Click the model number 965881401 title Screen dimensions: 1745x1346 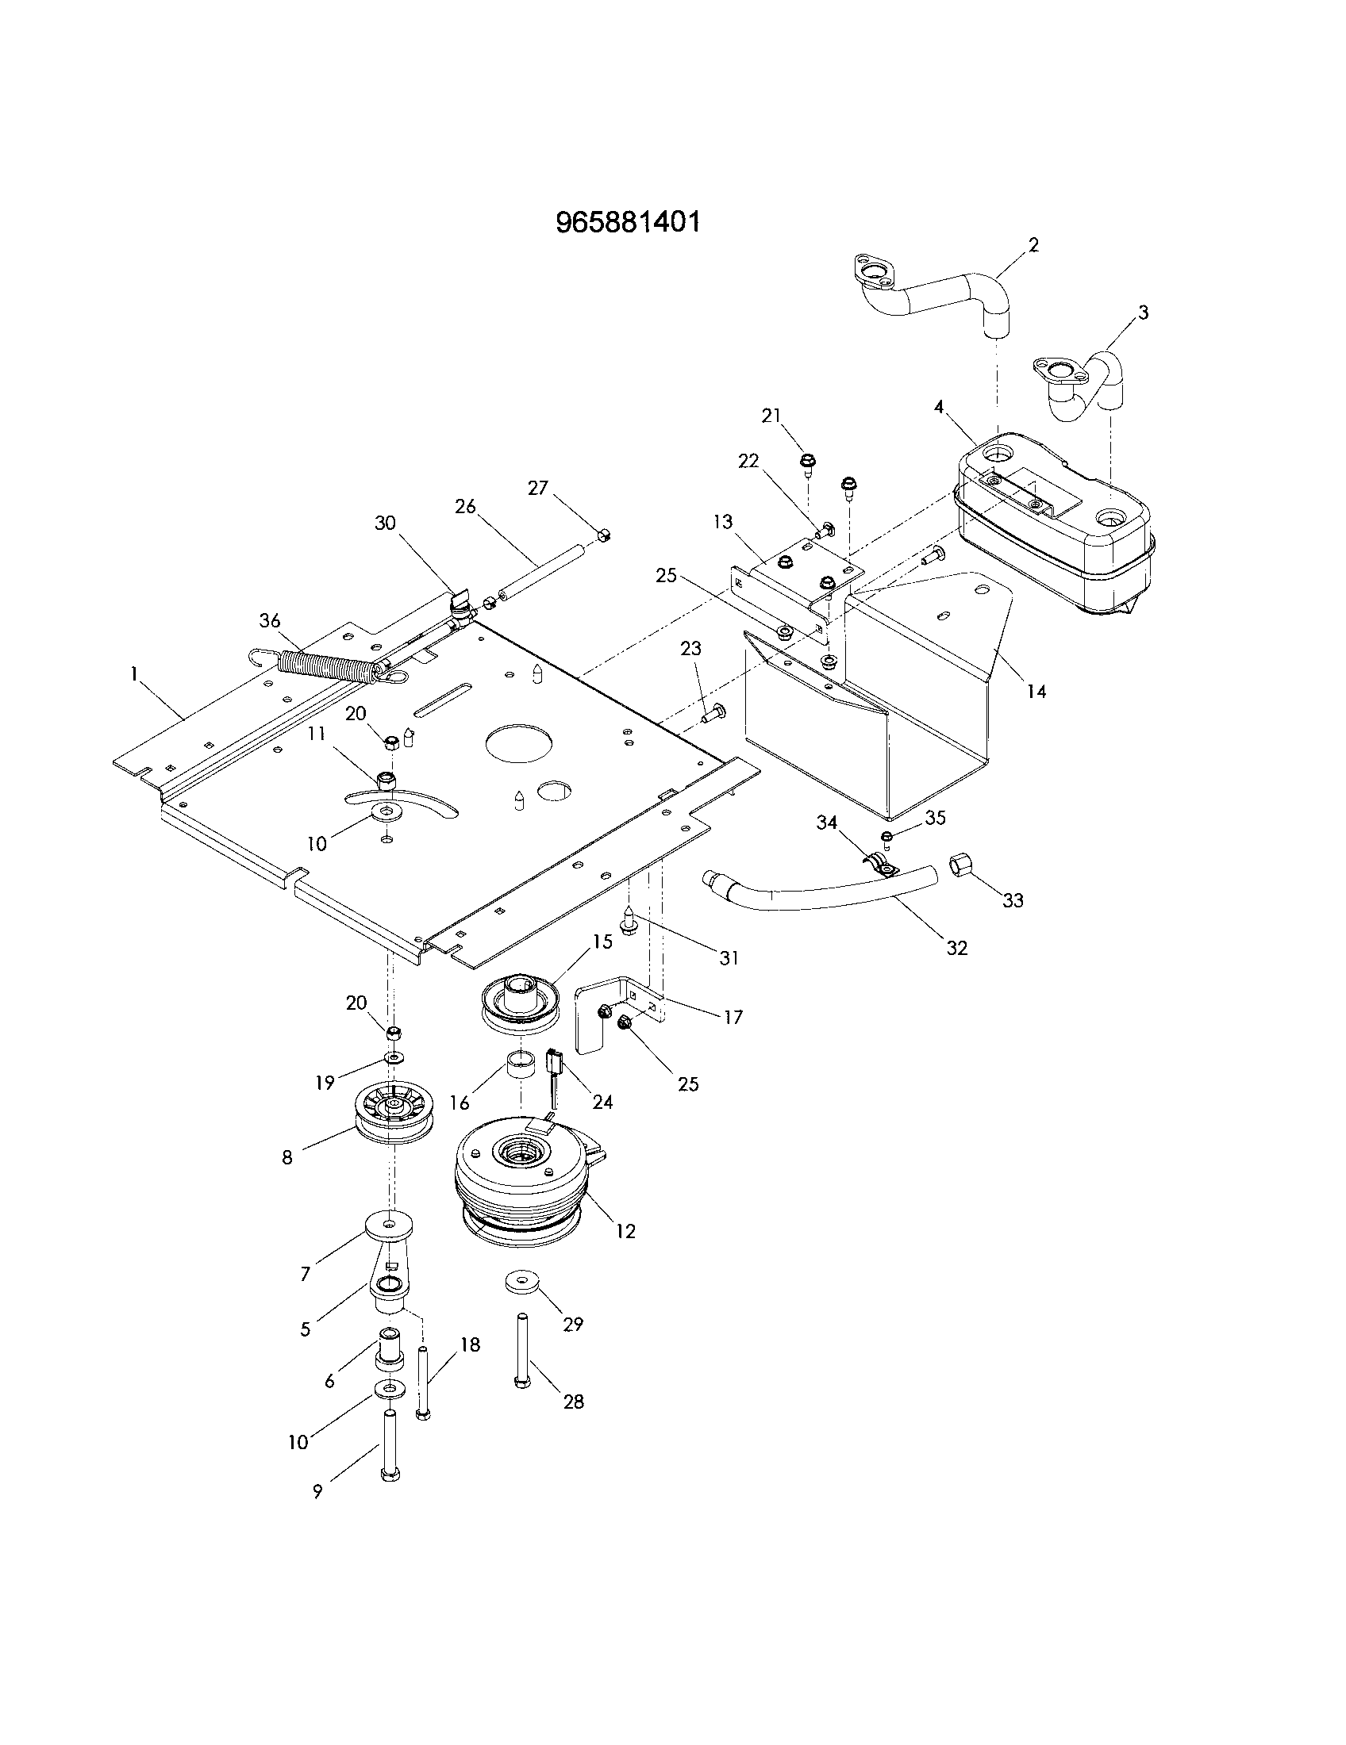pos(629,222)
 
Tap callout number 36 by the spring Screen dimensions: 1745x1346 pos(270,621)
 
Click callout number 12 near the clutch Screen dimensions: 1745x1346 pos(626,1231)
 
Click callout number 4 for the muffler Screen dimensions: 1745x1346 pos(939,408)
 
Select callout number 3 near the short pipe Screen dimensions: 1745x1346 pos(1143,313)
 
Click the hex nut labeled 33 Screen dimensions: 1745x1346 pos(960,865)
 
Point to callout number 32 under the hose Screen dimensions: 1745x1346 pos(957,948)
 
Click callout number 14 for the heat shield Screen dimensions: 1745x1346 pos(1036,692)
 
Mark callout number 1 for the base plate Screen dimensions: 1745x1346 pos(134,675)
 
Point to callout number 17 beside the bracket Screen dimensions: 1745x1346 pos(733,1017)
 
